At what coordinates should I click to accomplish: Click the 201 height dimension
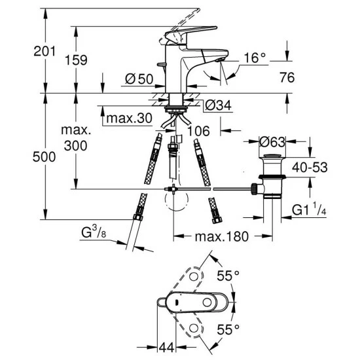tap(45, 51)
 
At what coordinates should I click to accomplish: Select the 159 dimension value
tap(76, 60)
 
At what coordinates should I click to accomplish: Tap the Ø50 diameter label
tap(139, 79)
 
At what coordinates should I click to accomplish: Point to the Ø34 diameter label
tap(218, 105)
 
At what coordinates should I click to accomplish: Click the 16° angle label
tap(255, 58)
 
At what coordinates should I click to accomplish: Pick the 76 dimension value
tap(287, 77)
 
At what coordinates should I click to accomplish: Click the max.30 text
tap(129, 118)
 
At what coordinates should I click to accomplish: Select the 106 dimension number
tap(198, 131)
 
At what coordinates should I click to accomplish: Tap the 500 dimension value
tap(44, 157)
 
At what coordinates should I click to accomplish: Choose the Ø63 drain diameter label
tap(272, 142)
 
